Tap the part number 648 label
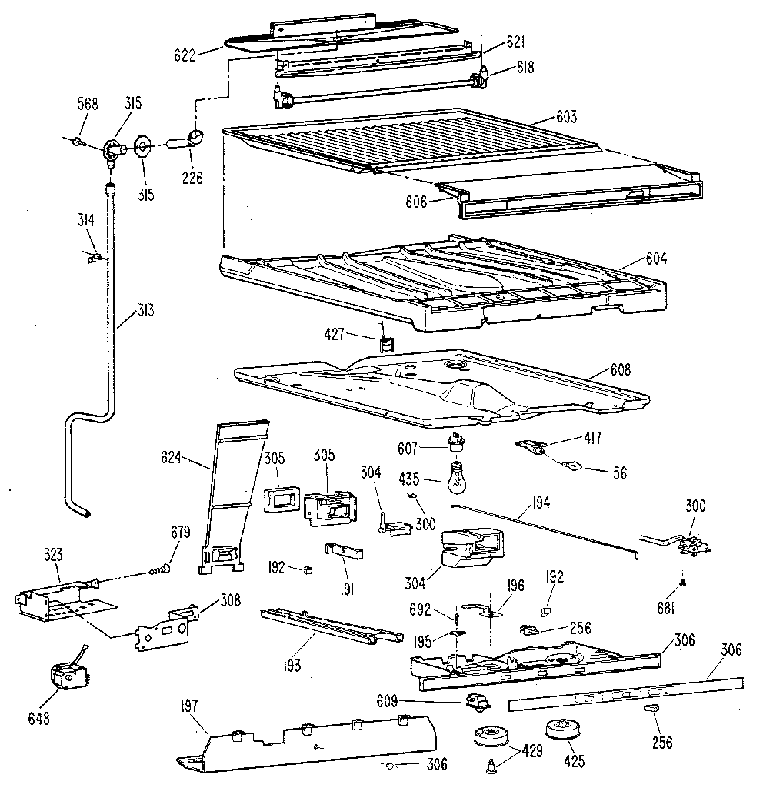pos(38,719)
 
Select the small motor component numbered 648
pos(68,677)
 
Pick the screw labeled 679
pos(159,570)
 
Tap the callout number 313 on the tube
pos(145,311)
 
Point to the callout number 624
pos(171,459)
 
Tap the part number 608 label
pos(618,370)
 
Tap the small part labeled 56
pos(571,465)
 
